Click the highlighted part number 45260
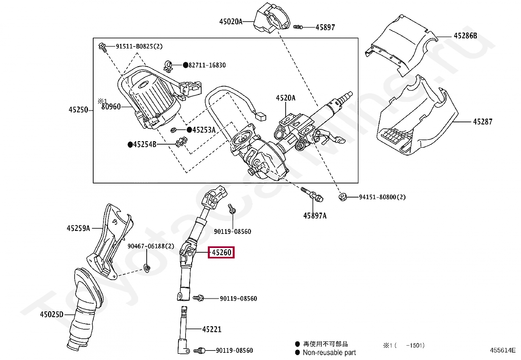point(222,253)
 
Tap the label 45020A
point(231,22)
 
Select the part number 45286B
point(465,36)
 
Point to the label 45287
point(483,122)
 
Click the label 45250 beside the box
point(79,110)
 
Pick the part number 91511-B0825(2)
point(139,46)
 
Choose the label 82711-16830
point(207,65)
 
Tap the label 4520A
point(286,98)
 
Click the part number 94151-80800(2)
point(382,197)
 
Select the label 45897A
point(315,216)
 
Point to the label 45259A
point(79,228)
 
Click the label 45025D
point(52,314)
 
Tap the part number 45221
point(212,329)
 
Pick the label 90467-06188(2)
point(151,246)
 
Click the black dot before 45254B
point(130,144)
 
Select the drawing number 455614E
point(503,350)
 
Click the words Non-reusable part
point(329,352)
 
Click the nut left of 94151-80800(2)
point(343,197)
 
